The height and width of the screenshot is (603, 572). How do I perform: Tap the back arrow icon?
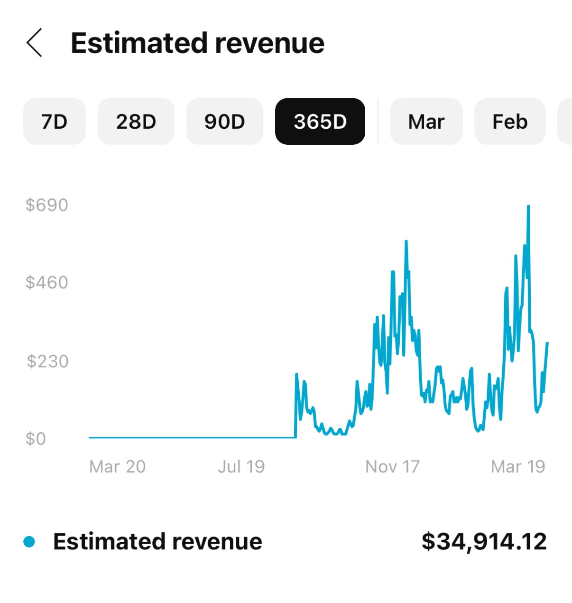tap(34, 43)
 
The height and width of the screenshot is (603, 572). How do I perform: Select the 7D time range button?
tap(54, 122)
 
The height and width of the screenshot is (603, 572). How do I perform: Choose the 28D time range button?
tap(136, 122)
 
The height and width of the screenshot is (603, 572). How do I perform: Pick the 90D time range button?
tap(224, 122)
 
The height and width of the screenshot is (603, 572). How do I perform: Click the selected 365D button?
tap(320, 122)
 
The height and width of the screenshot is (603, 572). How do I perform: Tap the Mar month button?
tap(426, 122)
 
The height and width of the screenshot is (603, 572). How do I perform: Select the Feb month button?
tap(510, 122)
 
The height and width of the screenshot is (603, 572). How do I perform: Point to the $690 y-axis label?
tap(47, 205)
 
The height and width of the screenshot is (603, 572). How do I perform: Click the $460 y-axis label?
tap(47, 283)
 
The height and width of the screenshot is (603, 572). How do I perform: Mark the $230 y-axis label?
tap(47, 361)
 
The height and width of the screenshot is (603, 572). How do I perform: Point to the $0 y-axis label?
tap(36, 439)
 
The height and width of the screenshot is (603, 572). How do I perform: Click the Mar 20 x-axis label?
tap(117, 467)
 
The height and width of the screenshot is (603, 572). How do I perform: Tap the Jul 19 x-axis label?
tap(241, 467)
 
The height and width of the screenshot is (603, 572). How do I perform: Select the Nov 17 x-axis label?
tap(392, 467)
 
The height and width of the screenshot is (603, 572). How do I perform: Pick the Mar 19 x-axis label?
tap(518, 467)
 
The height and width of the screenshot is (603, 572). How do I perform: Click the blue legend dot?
tap(29, 542)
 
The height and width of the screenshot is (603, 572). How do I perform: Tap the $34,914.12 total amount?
tap(484, 542)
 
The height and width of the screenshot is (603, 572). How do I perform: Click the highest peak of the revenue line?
tap(528, 207)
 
